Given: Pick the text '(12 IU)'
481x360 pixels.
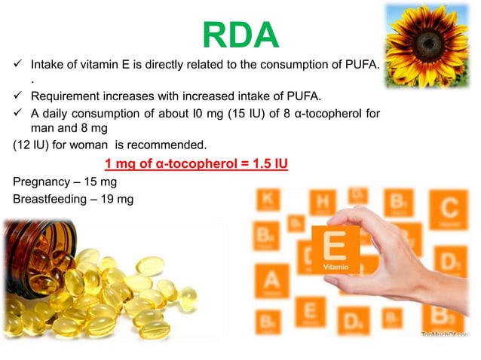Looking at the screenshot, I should tap(32, 145).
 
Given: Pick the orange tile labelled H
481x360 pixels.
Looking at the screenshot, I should tap(322, 201).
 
